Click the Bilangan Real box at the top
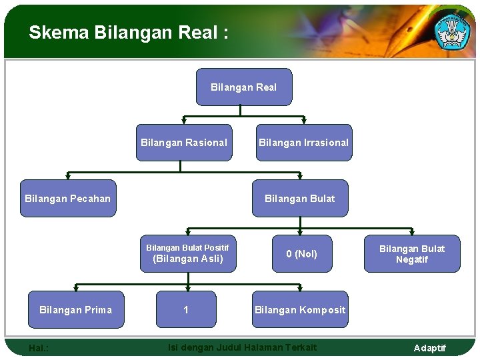tap(243, 87)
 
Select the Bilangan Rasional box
tap(184, 143)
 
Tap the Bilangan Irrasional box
tap(303, 143)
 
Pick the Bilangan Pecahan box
tap(67, 199)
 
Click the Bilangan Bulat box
tap(299, 199)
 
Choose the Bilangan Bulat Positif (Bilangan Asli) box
tap(187, 254)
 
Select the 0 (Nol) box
tap(301, 254)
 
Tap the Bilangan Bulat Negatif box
tap(411, 254)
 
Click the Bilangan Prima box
tap(75, 310)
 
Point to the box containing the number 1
tap(186, 310)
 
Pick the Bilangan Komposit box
tap(300, 310)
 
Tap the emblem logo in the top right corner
tap(453, 30)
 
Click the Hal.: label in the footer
tap(39, 348)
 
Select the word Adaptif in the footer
tap(429, 348)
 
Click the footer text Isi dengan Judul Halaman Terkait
tap(242, 347)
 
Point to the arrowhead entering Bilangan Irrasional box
tap(303, 121)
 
